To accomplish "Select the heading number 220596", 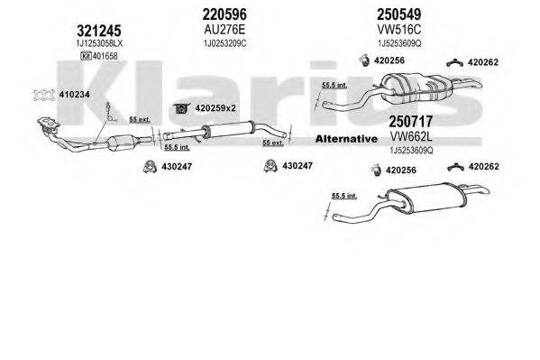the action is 225,14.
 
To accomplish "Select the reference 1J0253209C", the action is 225,42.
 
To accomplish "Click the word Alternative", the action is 344,139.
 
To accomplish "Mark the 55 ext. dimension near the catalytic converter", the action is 140,119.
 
